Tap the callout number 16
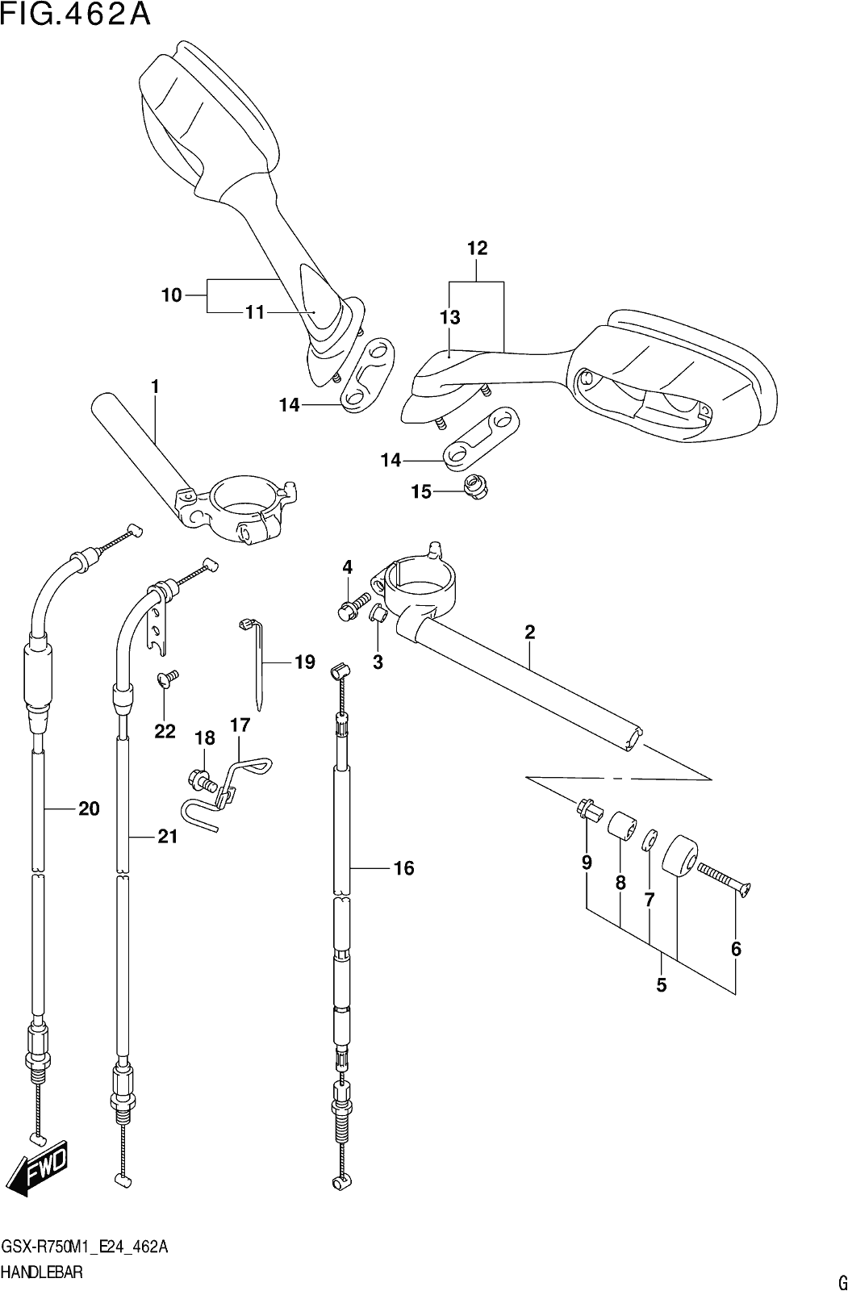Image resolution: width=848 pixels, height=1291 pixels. [x=403, y=868]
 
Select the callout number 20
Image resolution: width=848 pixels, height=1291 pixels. [x=89, y=809]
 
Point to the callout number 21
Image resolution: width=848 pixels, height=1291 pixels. [x=167, y=836]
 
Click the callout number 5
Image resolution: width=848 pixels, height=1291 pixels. [x=662, y=985]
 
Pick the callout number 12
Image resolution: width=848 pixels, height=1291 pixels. [x=477, y=248]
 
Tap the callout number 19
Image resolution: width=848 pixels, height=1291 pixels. [x=304, y=662]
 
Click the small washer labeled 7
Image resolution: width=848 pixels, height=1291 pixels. [x=650, y=840]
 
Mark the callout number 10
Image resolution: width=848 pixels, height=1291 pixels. [x=171, y=295]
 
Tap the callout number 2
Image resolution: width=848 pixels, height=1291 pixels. [x=530, y=633]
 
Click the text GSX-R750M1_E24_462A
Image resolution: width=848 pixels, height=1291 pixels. [x=85, y=1246]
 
